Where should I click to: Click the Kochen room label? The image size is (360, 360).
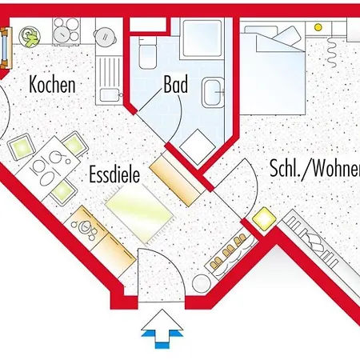(x=53, y=83)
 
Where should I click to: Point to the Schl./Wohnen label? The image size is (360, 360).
(x=313, y=169)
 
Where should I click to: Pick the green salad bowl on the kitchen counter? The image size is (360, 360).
(x=30, y=36)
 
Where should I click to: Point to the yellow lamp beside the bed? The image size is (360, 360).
(x=318, y=27)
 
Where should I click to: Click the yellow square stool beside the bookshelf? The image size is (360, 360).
(x=261, y=217)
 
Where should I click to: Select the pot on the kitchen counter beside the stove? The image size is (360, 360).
(x=105, y=34)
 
